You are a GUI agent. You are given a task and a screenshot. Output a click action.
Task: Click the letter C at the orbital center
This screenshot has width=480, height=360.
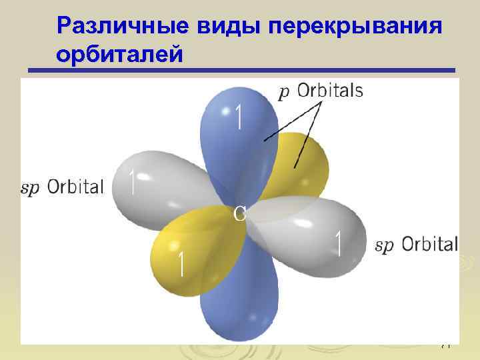240,213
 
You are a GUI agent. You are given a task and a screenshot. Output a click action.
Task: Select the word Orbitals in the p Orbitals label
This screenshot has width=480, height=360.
330,91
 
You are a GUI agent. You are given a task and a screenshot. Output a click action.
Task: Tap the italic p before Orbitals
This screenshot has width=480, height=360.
284,93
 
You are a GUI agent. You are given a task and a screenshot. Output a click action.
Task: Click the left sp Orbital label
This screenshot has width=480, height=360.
63,187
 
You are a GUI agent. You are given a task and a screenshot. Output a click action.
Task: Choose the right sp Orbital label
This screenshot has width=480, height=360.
417,245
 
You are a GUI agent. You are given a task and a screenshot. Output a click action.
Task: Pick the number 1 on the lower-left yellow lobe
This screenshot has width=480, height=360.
179,265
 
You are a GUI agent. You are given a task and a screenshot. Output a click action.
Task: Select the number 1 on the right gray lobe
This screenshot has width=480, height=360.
339,244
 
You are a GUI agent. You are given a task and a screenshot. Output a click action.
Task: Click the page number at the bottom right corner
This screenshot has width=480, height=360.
446,345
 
